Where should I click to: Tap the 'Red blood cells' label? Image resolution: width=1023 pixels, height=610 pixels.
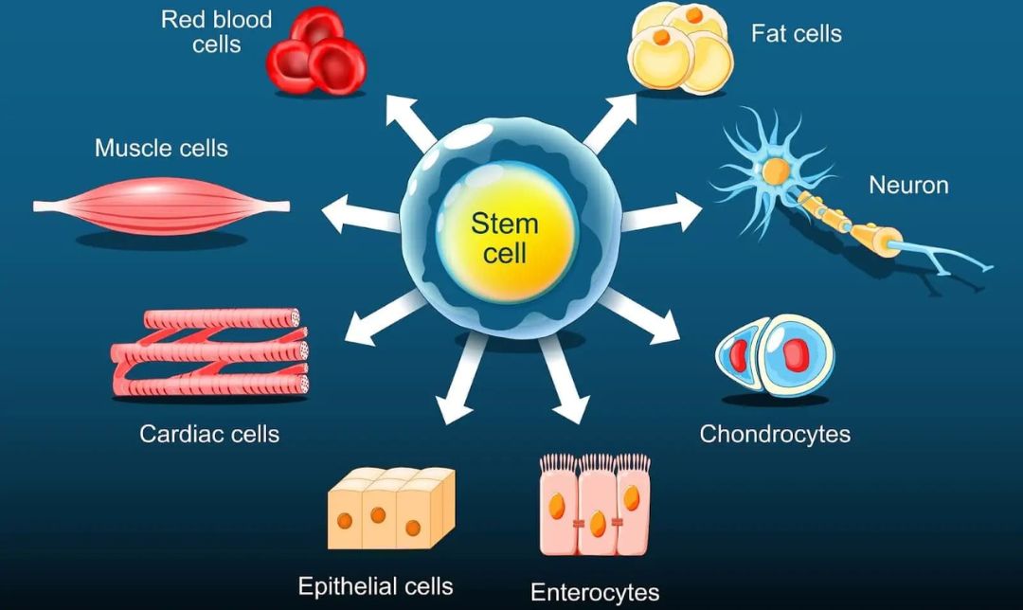[216, 31]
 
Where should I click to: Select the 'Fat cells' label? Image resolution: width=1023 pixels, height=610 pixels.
[796, 34]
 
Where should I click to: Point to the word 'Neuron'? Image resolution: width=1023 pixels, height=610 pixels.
[908, 185]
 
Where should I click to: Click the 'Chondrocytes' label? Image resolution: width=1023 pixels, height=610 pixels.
[775, 435]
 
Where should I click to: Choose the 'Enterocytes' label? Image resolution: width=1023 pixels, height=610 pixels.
[595, 593]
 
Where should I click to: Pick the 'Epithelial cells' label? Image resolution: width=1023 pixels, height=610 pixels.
[375, 585]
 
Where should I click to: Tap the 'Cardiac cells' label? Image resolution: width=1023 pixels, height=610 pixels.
[209, 435]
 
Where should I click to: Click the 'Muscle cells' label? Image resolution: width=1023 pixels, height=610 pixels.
[161, 149]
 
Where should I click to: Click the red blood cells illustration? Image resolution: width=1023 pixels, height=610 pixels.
[316, 52]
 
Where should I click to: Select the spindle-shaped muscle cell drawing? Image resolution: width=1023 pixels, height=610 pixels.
[161, 205]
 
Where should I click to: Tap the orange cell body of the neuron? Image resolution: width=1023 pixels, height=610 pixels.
[776, 171]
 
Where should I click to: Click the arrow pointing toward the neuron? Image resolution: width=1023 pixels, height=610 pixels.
[663, 214]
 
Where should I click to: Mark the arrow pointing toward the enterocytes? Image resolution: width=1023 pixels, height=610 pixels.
[563, 383]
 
